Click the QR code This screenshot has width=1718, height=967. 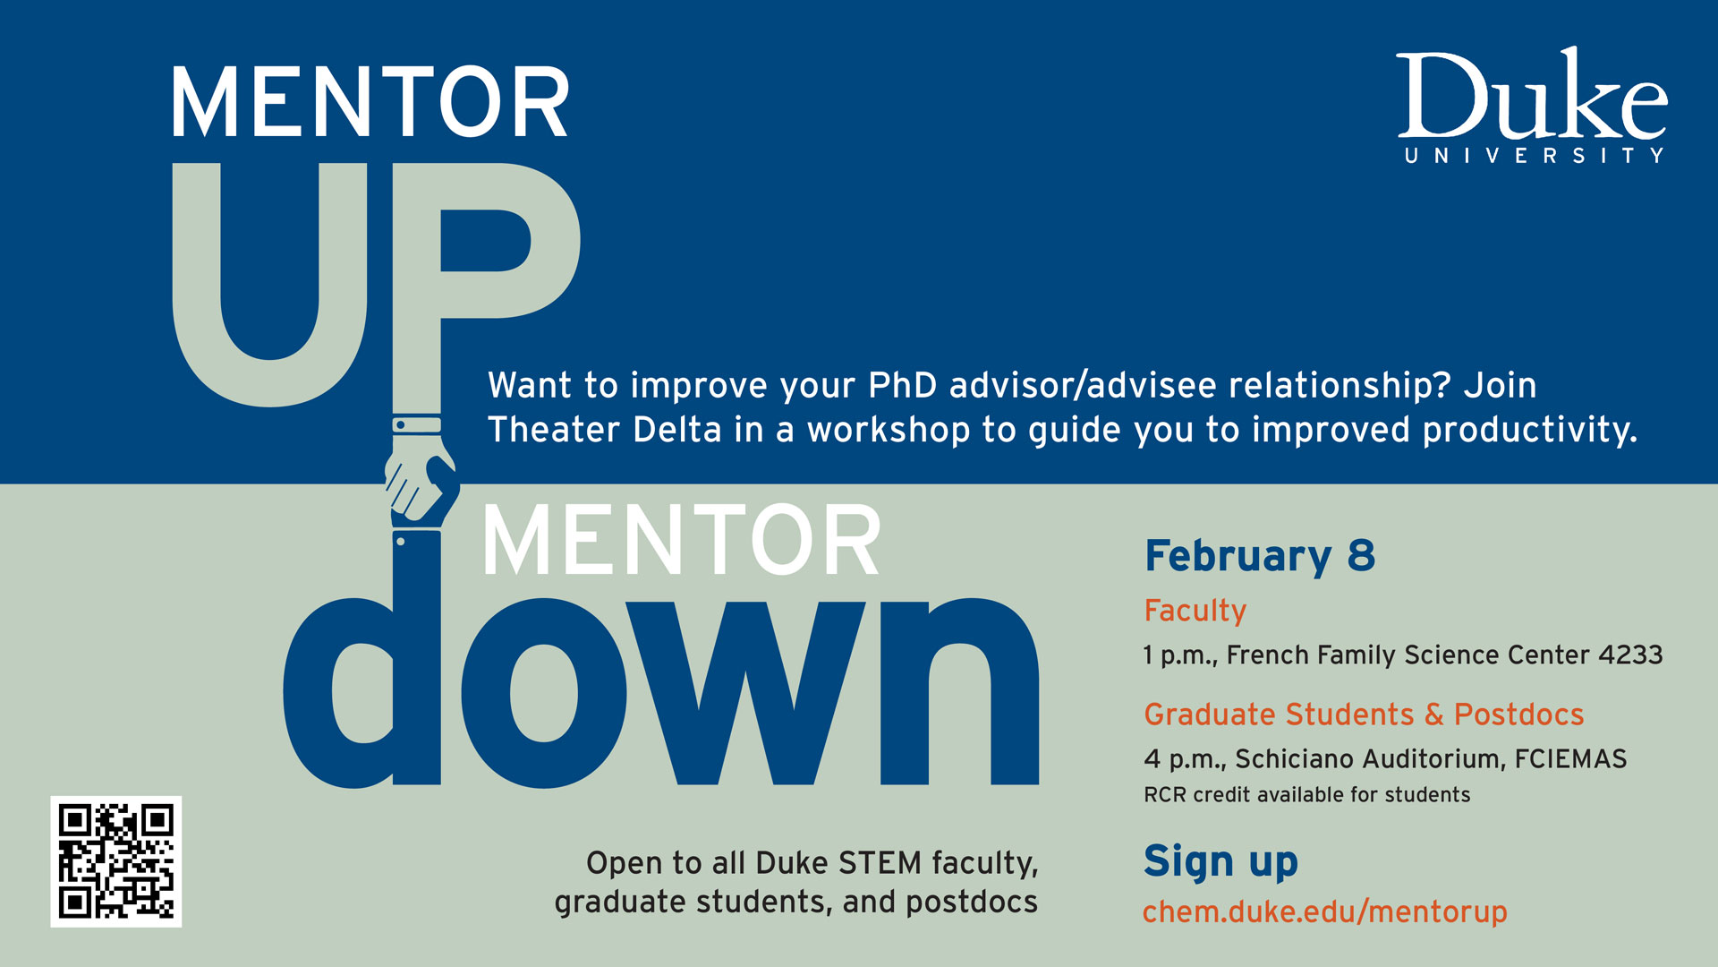click(x=116, y=861)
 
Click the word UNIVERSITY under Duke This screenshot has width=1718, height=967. click(x=1534, y=156)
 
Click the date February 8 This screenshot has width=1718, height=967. click(x=1260, y=556)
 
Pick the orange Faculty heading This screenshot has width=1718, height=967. click(x=1195, y=611)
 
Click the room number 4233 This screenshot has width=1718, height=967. click(x=1630, y=655)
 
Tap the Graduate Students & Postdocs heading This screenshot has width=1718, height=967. click(x=1364, y=715)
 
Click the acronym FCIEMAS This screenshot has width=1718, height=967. click(x=1570, y=758)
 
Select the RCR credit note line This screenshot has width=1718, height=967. click(x=1306, y=794)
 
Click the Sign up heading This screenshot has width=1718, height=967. click(x=1220, y=861)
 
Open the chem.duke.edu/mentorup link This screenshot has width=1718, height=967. click(x=1324, y=911)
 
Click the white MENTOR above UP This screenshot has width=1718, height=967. click(x=370, y=102)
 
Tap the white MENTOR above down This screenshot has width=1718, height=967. click(x=682, y=540)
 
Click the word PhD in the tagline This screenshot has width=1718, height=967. click(x=902, y=385)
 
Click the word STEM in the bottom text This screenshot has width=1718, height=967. click(x=880, y=862)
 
